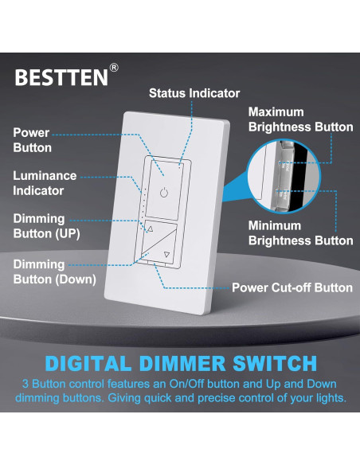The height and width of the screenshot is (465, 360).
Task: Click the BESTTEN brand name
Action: click(61, 78)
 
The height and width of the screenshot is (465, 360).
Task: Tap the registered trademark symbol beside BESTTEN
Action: click(114, 69)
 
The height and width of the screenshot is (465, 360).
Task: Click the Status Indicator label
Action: click(193, 93)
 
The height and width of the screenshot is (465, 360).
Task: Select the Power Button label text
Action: click(32, 140)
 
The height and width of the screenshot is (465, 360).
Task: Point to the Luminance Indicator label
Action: click(44, 182)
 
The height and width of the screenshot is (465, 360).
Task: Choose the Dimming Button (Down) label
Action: click(54, 272)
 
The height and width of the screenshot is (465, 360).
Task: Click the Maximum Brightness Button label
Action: click(300, 119)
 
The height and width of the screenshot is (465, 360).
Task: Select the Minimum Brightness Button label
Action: click(300, 232)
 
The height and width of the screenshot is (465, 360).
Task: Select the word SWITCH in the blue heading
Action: click(270, 364)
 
